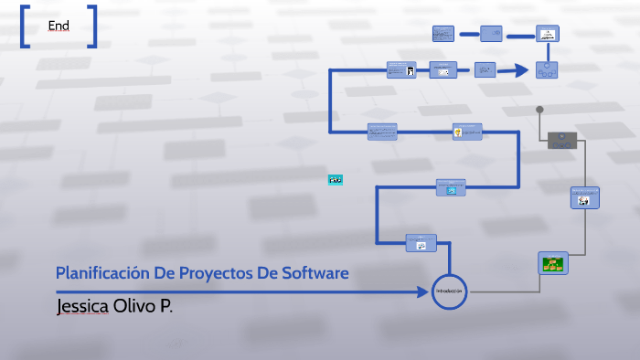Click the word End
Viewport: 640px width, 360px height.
pyautogui.click(x=59, y=26)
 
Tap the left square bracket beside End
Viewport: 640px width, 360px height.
pyautogui.click(x=24, y=26)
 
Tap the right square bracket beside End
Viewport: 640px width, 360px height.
pyautogui.click(x=93, y=26)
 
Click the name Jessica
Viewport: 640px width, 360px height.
pyautogui.click(x=82, y=305)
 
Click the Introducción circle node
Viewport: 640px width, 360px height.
pyautogui.click(x=450, y=291)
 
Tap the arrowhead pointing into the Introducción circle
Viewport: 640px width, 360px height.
pyautogui.click(x=427, y=291)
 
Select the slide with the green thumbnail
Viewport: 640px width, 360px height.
pyautogui.click(x=552, y=263)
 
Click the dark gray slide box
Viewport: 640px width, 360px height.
pyautogui.click(x=562, y=140)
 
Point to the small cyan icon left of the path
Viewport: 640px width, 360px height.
pyautogui.click(x=336, y=179)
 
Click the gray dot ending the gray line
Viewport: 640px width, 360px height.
pyautogui.click(x=540, y=110)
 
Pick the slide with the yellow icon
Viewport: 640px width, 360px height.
pyautogui.click(x=466, y=132)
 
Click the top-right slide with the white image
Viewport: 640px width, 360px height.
pyautogui.click(x=547, y=34)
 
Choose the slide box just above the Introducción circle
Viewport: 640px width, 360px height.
pyautogui.click(x=421, y=242)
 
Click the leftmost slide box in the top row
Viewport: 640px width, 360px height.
pyautogui.click(x=443, y=34)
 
